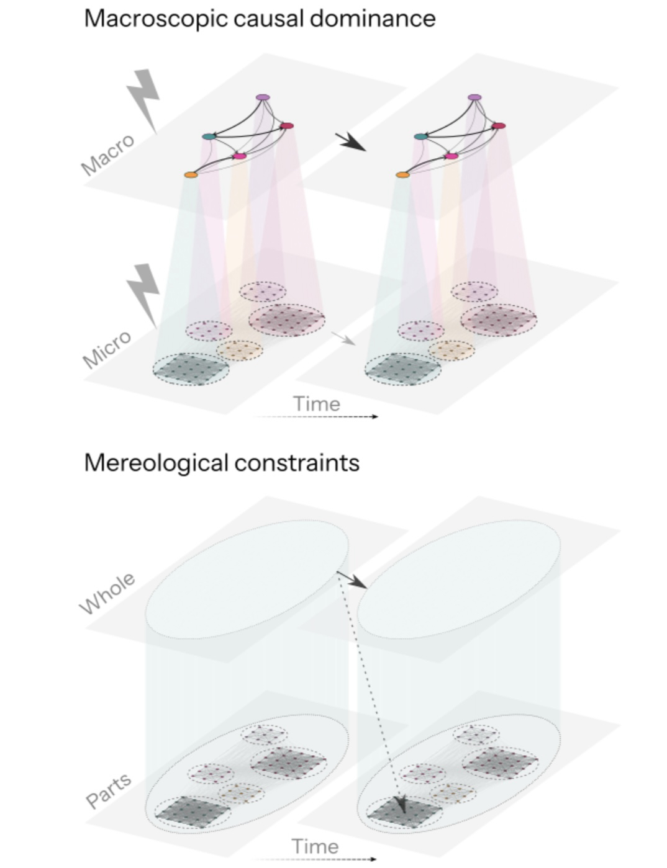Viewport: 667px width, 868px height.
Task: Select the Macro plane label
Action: tap(107, 154)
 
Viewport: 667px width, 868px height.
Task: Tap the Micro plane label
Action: tap(107, 349)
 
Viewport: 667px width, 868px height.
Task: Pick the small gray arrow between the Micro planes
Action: tap(343, 338)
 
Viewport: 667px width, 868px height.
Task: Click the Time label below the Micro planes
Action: tap(317, 404)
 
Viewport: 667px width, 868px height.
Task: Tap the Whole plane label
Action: tap(107, 593)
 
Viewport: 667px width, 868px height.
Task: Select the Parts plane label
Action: tap(109, 791)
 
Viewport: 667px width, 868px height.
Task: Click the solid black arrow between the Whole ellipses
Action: tap(352, 579)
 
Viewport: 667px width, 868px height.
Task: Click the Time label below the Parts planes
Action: tap(315, 846)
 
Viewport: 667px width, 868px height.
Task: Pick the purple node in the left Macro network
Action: tap(263, 97)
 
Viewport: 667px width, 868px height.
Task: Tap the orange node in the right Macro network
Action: tap(402, 175)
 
